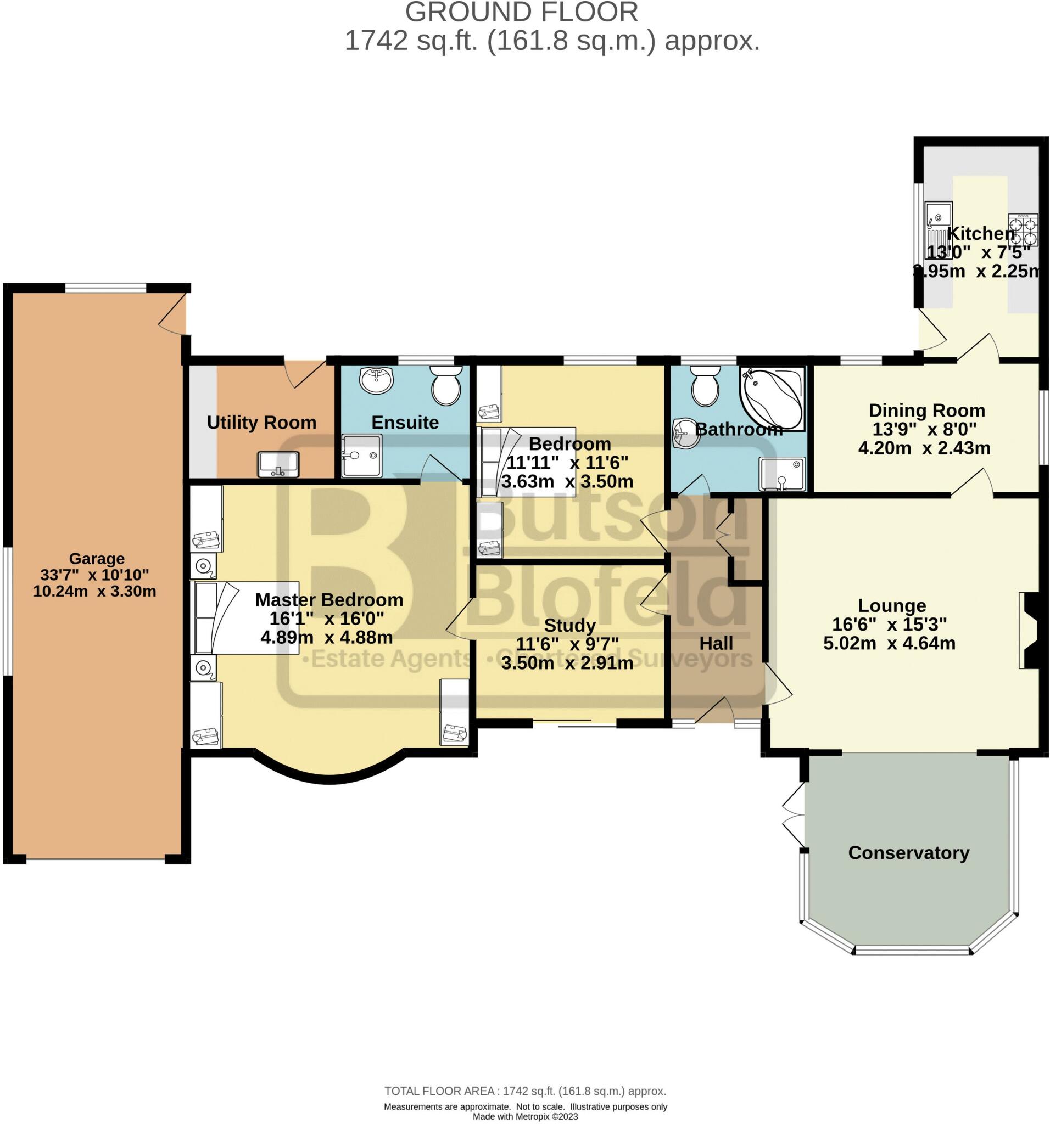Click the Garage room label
click(97, 558)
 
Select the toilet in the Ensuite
click(446, 385)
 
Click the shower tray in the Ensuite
click(361, 456)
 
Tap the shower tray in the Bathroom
click(781, 474)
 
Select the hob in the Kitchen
click(1023, 229)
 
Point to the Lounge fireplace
click(1029, 630)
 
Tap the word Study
click(569, 625)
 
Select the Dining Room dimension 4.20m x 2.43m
click(924, 448)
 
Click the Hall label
click(716, 643)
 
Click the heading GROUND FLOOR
click(522, 13)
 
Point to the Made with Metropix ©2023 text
click(525, 1116)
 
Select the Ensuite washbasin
click(376, 379)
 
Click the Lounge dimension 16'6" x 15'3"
click(889, 624)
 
